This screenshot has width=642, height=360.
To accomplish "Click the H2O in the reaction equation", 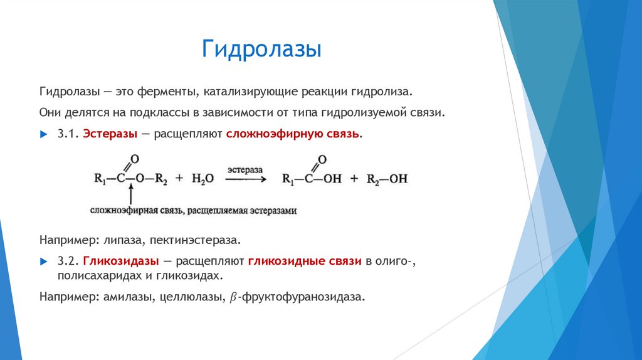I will pyautogui.click(x=203, y=179).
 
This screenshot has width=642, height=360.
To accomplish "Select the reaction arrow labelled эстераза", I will pyautogui.click(x=245, y=179).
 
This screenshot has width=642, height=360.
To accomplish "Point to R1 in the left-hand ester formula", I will pyautogui.click(x=101, y=179).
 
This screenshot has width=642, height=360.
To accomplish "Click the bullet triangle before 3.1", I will pyautogui.click(x=43, y=135).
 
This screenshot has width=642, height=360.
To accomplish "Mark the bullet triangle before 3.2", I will pyautogui.click(x=43, y=262).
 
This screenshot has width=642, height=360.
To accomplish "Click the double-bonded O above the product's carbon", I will pyautogui.click(x=322, y=159).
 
